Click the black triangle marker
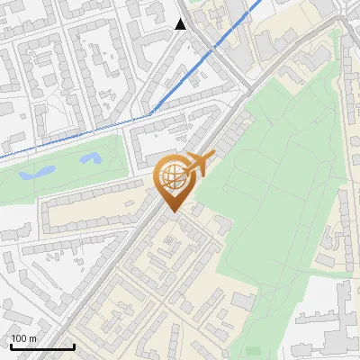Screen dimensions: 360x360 (x=181, y=24)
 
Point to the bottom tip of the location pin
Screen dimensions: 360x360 (x=172, y=211)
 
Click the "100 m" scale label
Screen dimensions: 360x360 (x=24, y=338)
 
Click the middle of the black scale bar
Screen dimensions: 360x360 (x=42, y=347)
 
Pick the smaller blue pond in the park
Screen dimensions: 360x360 (x=90, y=159)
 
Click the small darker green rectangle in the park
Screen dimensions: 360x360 (x=253, y=350)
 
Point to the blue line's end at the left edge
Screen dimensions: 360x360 (x=2, y=158)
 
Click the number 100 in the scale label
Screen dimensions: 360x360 (x=20, y=338)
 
